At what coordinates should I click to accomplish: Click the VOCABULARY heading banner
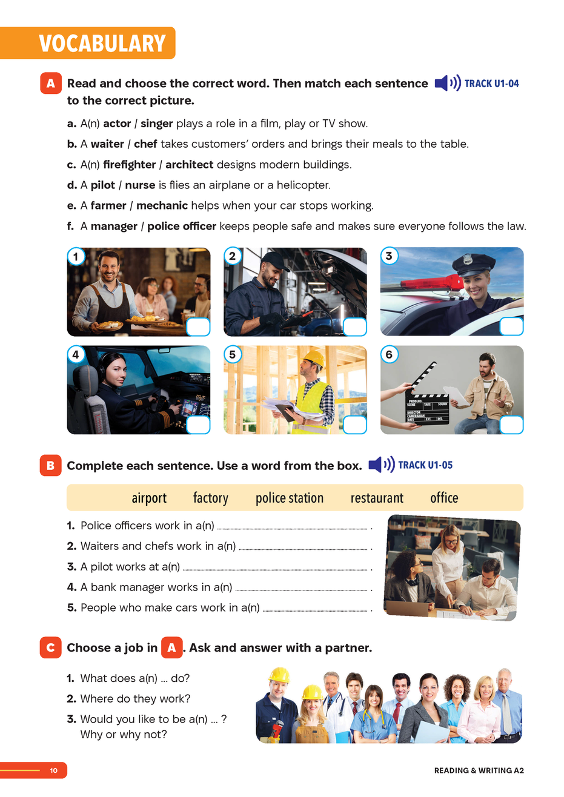pyautogui.click(x=102, y=44)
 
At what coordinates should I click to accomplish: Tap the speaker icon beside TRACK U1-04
pyautogui.click(x=448, y=84)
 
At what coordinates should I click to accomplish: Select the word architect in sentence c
pyautogui.click(x=189, y=165)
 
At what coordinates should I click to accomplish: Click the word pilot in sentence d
pyautogui.click(x=103, y=185)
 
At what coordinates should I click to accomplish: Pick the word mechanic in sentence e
pyautogui.click(x=162, y=206)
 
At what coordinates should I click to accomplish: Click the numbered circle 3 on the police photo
pyautogui.click(x=389, y=256)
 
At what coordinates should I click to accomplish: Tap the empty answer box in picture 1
pyautogui.click(x=197, y=327)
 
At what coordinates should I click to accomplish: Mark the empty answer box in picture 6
pyautogui.click(x=511, y=425)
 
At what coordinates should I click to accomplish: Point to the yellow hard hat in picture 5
pyautogui.click(x=314, y=359)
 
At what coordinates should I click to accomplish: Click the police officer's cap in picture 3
pyautogui.click(x=469, y=264)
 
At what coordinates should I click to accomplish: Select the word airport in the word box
pyautogui.click(x=149, y=498)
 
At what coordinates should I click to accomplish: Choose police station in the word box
pyautogui.click(x=290, y=498)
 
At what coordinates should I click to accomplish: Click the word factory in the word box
pyautogui.click(x=211, y=498)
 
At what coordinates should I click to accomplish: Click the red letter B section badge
pyautogui.click(x=50, y=466)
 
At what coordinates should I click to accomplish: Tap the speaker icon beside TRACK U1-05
pyautogui.click(x=381, y=465)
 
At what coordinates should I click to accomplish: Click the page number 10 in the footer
pyautogui.click(x=54, y=770)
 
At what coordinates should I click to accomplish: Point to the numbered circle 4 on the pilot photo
pyautogui.click(x=75, y=354)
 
